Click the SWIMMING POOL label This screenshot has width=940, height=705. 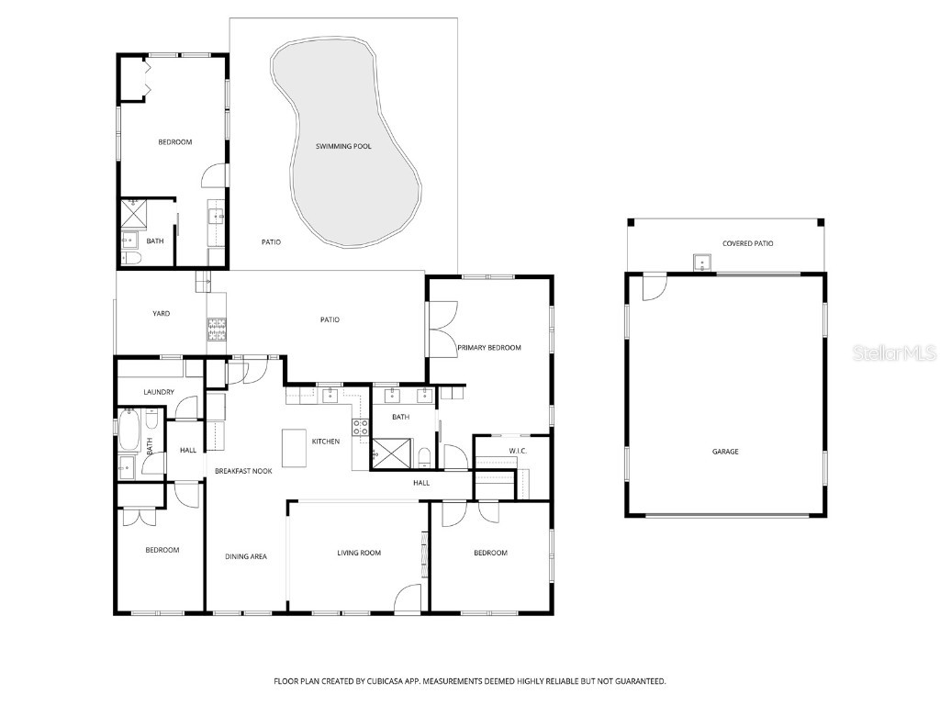pos(343,146)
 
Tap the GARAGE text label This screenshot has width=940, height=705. pos(725,452)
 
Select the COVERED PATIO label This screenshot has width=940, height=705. pos(747,243)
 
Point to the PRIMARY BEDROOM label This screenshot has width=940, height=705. pos(489,348)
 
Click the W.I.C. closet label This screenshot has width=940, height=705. pos(518,451)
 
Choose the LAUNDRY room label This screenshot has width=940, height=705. pos(159,392)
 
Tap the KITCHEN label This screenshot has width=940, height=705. pos(326,442)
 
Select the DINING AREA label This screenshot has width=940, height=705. pos(246,556)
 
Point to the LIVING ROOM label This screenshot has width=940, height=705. pos(359,553)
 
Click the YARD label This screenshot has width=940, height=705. pos(161,314)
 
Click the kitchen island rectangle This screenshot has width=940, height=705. pos(294,448)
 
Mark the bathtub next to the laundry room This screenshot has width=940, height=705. pos(128,428)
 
